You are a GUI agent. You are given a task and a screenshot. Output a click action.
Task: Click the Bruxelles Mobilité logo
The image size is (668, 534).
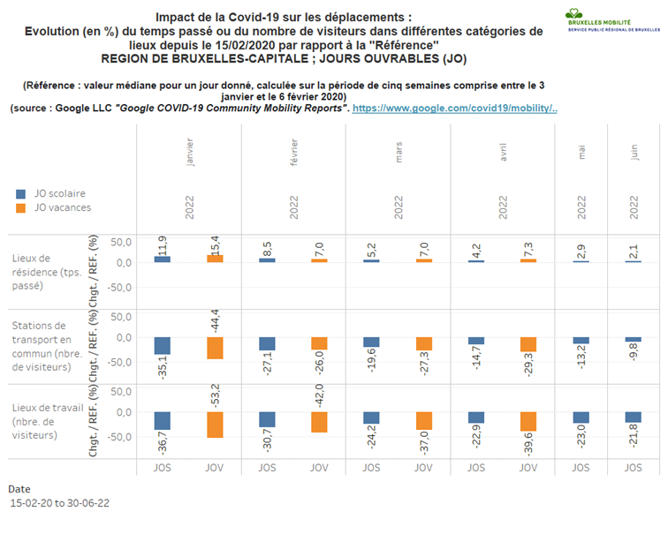pyautogui.click(x=613, y=22)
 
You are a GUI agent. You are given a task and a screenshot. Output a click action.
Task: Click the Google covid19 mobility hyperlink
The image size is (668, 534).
pyautogui.click(x=454, y=108)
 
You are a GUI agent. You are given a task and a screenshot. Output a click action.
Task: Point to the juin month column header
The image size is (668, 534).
pyautogui.click(x=633, y=151)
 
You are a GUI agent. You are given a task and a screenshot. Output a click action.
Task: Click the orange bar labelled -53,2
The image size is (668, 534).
pyautogui.click(x=215, y=425)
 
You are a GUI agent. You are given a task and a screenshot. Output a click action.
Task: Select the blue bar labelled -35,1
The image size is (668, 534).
pyautogui.click(x=163, y=345)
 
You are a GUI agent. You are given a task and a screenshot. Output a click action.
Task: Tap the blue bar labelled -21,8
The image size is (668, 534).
pyautogui.click(x=633, y=417)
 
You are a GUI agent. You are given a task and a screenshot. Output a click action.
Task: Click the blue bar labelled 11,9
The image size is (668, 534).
pyautogui.click(x=163, y=259)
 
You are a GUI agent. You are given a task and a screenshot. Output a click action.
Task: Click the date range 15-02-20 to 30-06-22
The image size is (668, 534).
pyautogui.click(x=59, y=503)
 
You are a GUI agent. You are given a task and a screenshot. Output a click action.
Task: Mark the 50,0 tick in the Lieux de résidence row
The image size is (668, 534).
pyautogui.click(x=120, y=242)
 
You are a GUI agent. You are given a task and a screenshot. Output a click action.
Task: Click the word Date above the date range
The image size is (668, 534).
pyautogui.click(x=20, y=488)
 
